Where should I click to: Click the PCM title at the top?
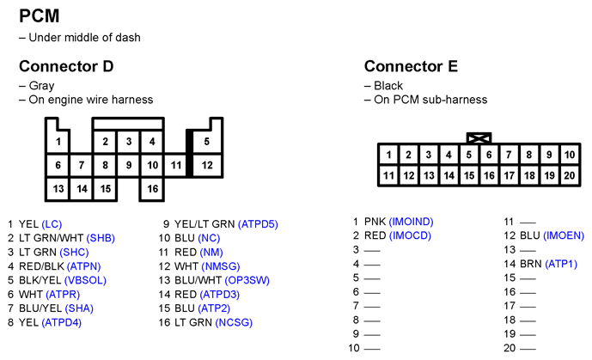40,16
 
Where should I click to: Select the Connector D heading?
66,66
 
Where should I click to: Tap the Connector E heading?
411,66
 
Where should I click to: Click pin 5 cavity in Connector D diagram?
206,142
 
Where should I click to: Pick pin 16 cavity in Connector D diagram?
152,189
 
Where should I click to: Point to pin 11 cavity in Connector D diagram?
175,165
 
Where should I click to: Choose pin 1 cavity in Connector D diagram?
58,142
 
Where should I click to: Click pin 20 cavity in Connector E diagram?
570,175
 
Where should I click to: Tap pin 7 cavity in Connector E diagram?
509,155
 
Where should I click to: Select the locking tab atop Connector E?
479,138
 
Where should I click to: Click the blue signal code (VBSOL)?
85,280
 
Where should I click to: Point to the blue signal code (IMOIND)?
412,222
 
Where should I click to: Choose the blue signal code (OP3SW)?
247,280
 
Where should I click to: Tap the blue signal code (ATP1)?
561,264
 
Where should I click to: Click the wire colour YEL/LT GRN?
204,224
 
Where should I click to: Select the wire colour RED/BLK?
41,266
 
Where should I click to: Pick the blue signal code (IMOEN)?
564,235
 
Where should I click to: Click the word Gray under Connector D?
41,86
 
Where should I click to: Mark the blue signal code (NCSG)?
234,323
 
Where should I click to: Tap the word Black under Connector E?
388,86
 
